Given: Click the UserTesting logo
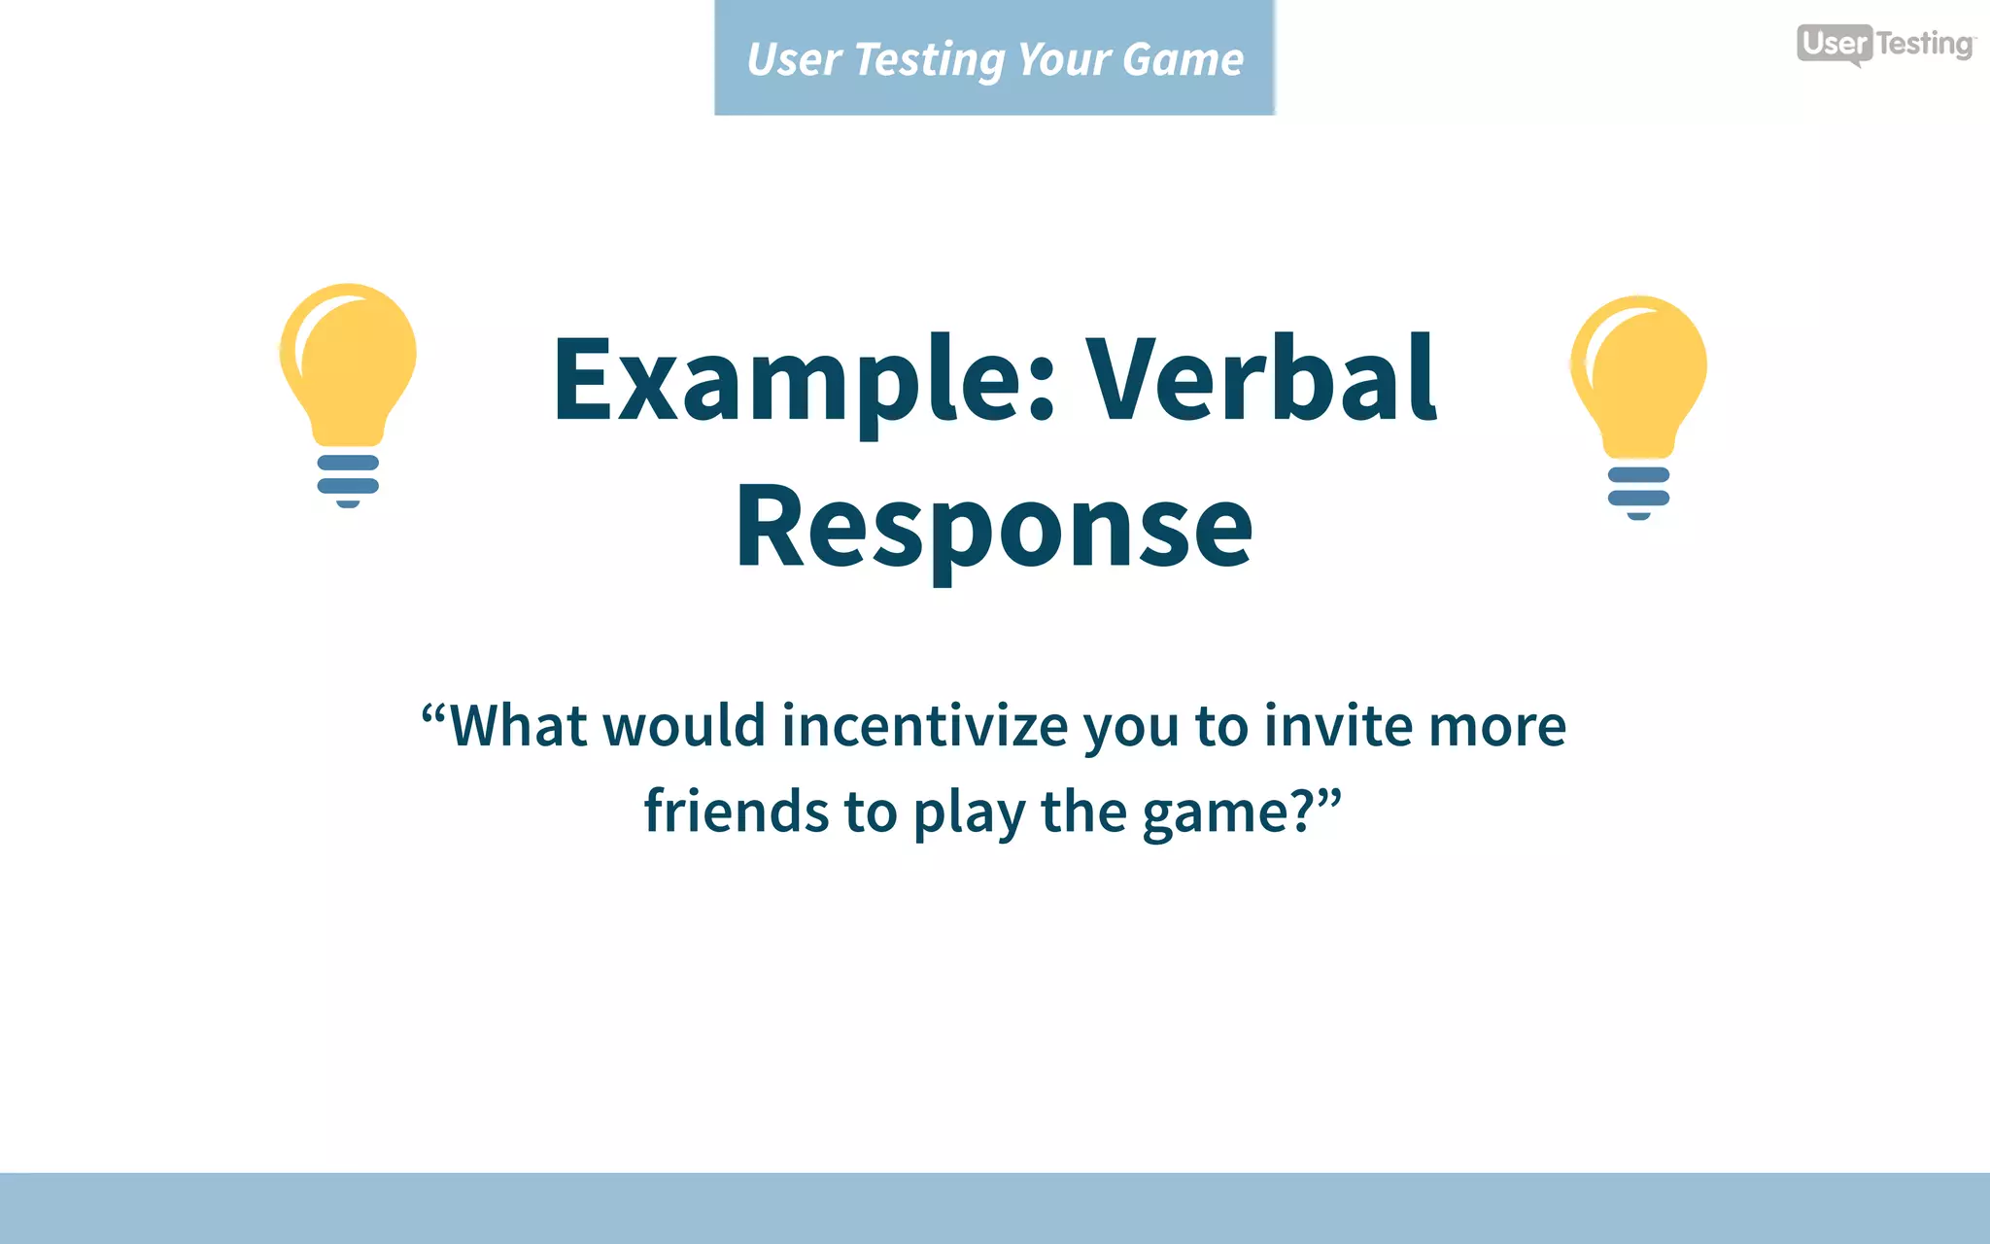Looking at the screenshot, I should (x=1884, y=44).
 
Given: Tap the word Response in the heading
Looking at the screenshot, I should (x=994, y=527).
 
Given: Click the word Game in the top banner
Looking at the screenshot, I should (x=1183, y=60).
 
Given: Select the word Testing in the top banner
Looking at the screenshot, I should (x=930, y=60).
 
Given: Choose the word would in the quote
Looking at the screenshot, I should (x=684, y=726).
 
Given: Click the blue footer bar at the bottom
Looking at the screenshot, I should (x=995, y=1208).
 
